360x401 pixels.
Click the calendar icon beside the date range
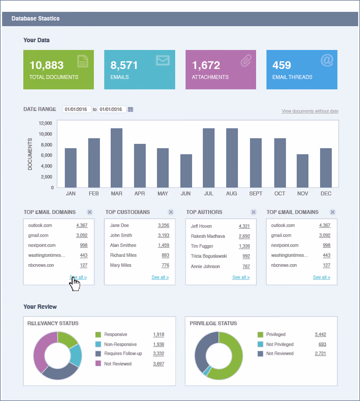point(130,109)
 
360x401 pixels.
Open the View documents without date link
point(310,111)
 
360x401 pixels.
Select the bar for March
point(117,158)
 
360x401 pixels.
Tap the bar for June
point(186,171)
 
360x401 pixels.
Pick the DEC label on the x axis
point(326,193)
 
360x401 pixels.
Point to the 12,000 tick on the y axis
point(45,123)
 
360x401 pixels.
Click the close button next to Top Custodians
point(171,212)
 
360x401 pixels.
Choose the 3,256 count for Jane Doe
point(163,225)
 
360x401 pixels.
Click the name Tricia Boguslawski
point(209,256)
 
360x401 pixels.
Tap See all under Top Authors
point(241,277)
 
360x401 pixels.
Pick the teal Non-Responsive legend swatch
point(98,344)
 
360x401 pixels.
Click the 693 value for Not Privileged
point(322,344)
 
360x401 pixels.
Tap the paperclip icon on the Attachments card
point(246,61)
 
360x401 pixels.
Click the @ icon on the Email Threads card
point(327,60)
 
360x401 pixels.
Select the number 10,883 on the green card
point(47,65)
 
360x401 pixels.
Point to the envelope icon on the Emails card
point(163,60)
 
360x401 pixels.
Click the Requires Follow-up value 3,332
point(159,353)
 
